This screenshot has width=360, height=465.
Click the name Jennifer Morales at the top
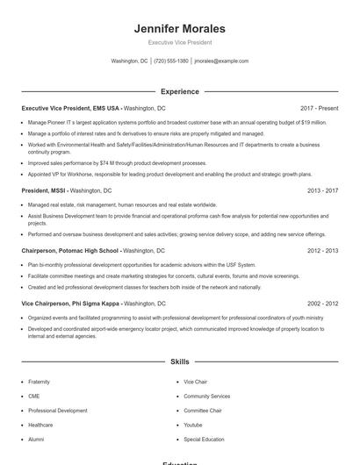(x=180, y=29)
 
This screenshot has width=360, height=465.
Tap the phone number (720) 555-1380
(x=171, y=61)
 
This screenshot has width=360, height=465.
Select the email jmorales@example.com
(x=221, y=61)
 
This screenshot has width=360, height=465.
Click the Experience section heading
(x=180, y=91)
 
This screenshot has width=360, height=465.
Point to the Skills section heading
(x=180, y=361)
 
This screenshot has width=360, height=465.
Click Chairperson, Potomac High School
(x=69, y=250)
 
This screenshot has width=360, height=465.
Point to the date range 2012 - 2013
(x=322, y=250)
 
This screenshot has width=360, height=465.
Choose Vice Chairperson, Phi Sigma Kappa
(x=71, y=303)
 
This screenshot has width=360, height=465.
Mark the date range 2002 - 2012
(x=322, y=303)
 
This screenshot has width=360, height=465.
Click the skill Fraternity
(x=39, y=383)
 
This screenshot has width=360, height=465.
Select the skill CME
(x=34, y=397)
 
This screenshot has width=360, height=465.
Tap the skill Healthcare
(x=40, y=425)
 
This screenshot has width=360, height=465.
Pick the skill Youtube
(x=193, y=425)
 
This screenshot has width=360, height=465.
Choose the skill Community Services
(x=206, y=397)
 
